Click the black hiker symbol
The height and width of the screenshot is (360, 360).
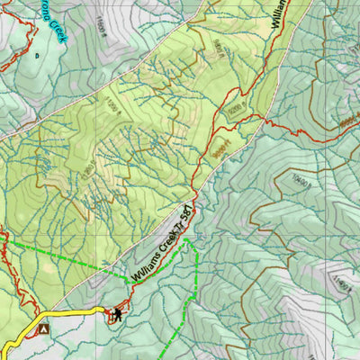pos(117,313)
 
